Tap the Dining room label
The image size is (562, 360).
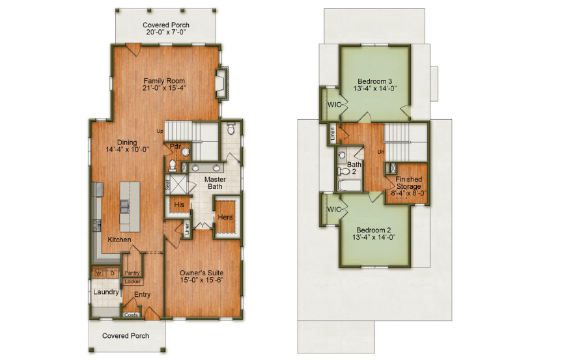click(x=127, y=144)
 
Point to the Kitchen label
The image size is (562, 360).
click(x=119, y=240)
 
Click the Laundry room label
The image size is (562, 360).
click(x=105, y=292)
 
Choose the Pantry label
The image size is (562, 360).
click(x=132, y=273)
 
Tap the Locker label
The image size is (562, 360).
click(x=132, y=282)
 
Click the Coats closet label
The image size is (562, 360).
click(x=131, y=316)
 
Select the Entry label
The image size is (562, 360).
click(x=142, y=295)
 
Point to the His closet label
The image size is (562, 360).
click(x=179, y=204)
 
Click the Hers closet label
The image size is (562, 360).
click(x=225, y=217)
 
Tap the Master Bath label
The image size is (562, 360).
click(x=216, y=183)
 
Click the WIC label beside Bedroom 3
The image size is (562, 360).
click(x=335, y=104)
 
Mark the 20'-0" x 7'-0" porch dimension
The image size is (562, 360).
click(x=165, y=31)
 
